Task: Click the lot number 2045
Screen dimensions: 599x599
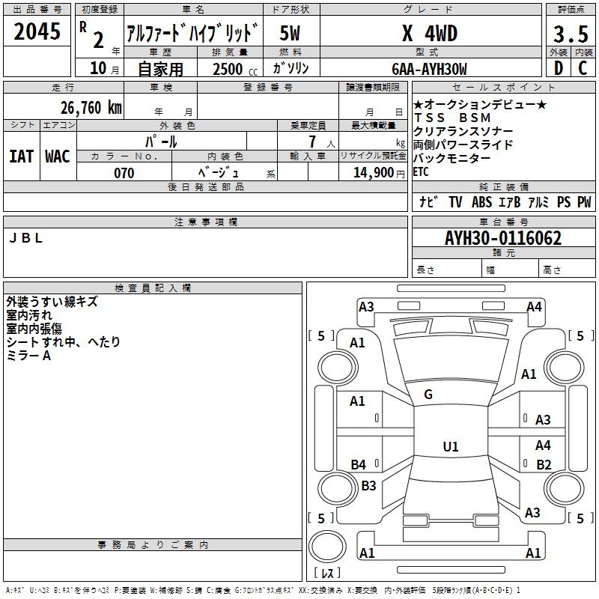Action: [37, 31]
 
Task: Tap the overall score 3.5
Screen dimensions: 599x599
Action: [571, 34]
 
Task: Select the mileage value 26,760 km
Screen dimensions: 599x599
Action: [91, 108]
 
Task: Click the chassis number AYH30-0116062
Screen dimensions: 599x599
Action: [503, 238]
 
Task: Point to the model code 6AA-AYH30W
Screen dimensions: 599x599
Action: [429, 69]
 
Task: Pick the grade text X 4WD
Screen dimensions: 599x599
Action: [430, 33]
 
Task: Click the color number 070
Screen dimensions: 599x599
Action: [124, 173]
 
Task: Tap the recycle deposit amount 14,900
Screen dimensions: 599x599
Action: [373, 173]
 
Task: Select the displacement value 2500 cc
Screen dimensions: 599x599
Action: [235, 69]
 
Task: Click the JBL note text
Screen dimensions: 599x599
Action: [25, 238]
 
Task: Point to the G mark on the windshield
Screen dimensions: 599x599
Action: [428, 395]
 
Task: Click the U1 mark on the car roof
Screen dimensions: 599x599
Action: [451, 446]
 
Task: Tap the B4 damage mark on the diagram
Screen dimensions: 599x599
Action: [358, 464]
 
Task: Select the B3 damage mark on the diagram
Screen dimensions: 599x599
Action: [368, 485]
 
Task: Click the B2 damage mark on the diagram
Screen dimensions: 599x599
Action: [544, 464]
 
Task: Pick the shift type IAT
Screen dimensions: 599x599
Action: [21, 156]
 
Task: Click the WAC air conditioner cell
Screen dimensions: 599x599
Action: [58, 156]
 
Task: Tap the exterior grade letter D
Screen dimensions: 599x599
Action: [559, 68]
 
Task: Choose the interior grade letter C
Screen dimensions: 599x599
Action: [583, 68]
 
